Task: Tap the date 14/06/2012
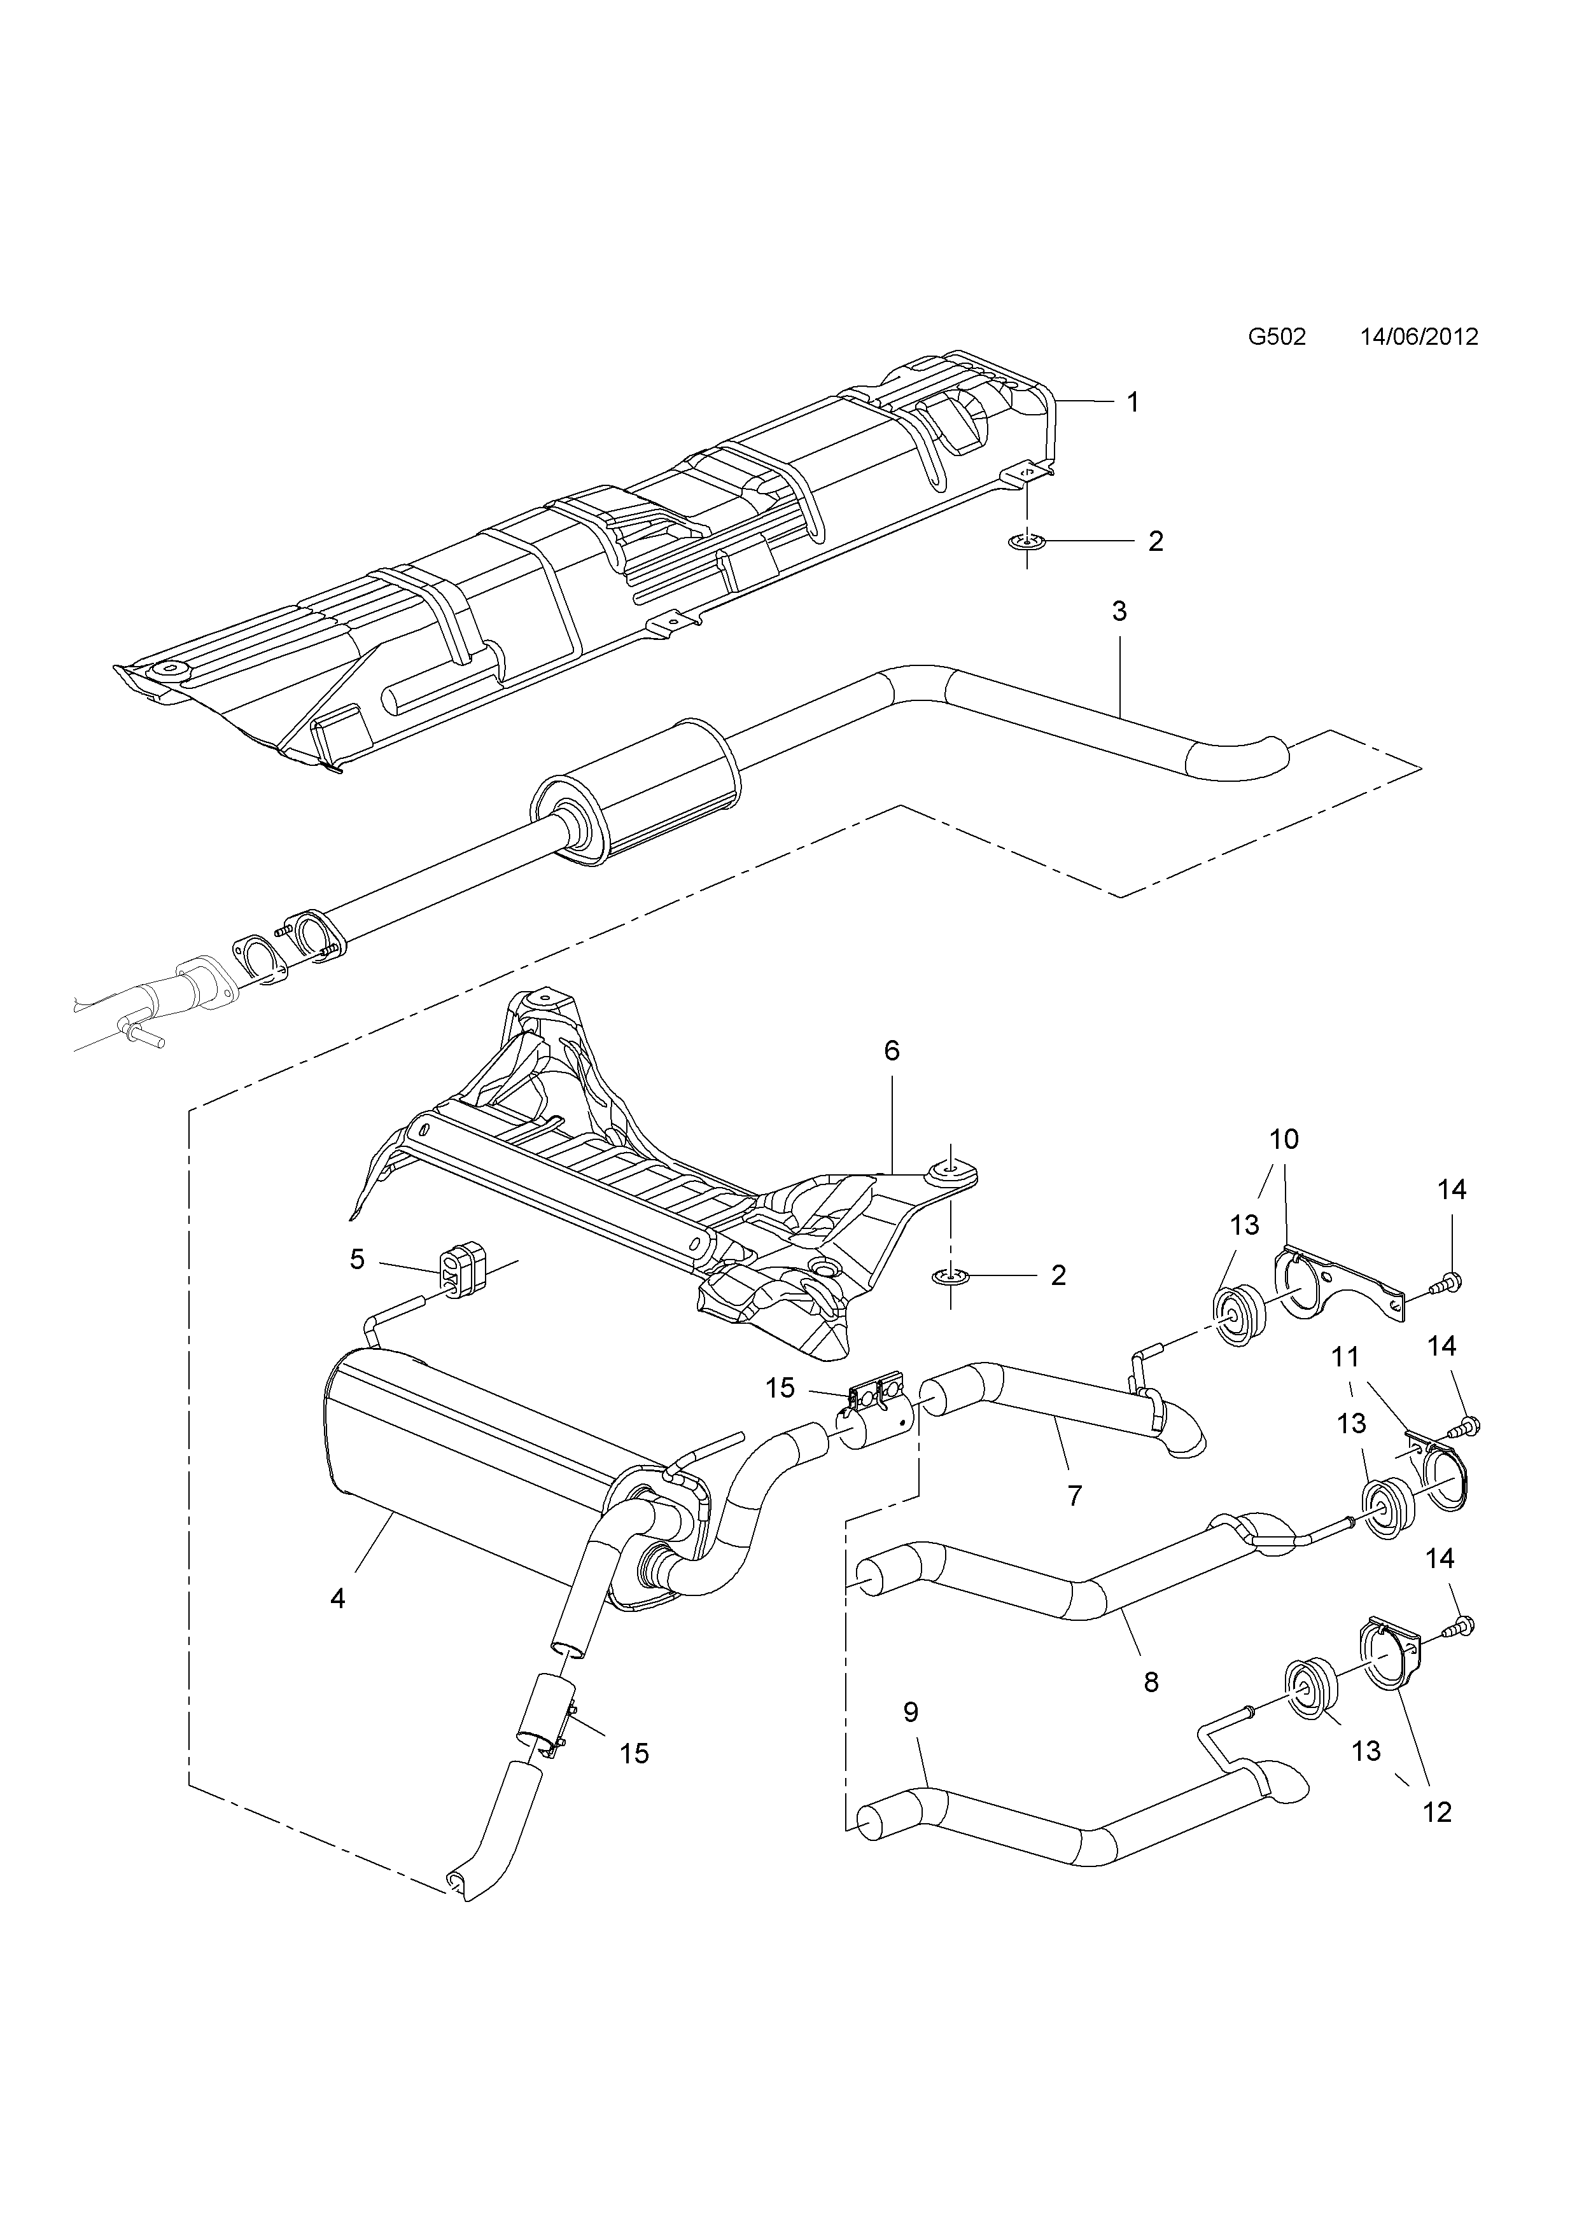pos(1419,337)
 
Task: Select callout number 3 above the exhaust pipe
pos(1119,611)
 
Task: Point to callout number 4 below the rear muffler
pos(338,1598)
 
